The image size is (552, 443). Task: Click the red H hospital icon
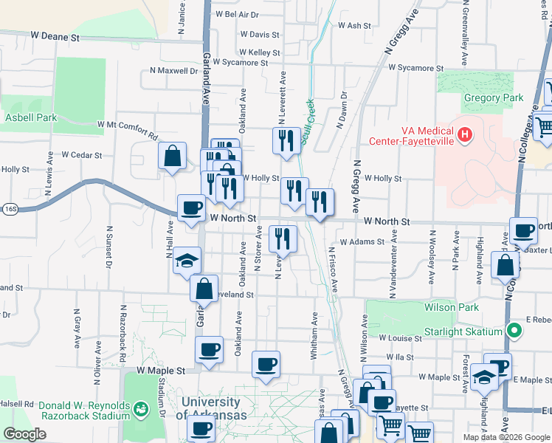click(x=465, y=134)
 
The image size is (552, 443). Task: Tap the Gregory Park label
click(x=494, y=97)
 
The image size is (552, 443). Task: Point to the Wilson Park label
click(x=452, y=307)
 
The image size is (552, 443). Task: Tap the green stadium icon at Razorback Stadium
click(x=140, y=407)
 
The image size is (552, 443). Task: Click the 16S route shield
click(x=8, y=209)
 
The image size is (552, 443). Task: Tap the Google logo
click(x=24, y=434)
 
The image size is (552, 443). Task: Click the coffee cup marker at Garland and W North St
click(x=192, y=207)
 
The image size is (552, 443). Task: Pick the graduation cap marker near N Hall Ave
click(x=187, y=260)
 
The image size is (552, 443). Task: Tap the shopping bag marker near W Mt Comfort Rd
click(x=172, y=156)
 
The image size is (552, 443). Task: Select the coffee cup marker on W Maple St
click(x=266, y=364)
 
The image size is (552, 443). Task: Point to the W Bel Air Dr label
click(x=236, y=14)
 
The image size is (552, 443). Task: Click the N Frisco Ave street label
click(x=332, y=269)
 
